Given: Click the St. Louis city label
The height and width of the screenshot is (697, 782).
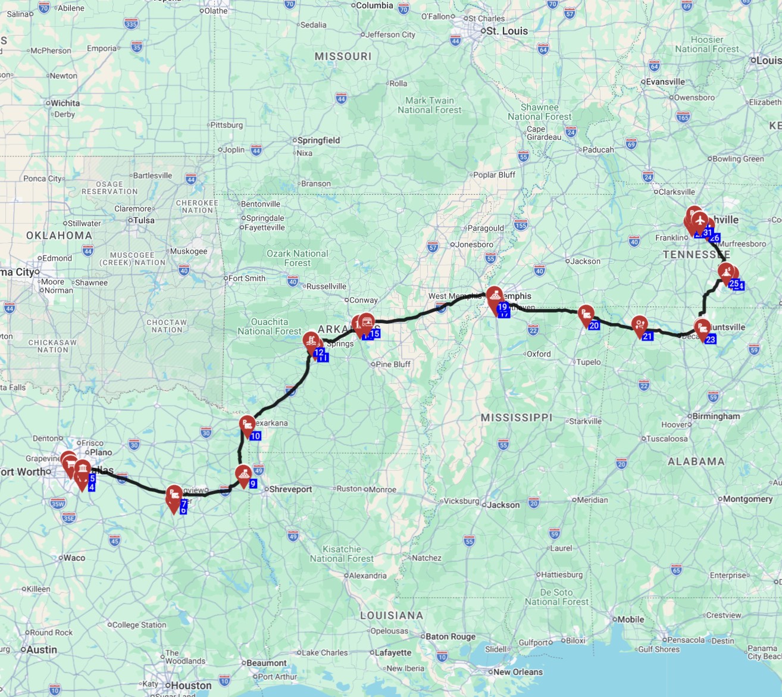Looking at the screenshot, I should coord(506,31).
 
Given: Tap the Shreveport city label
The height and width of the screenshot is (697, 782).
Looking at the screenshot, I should coord(290,489).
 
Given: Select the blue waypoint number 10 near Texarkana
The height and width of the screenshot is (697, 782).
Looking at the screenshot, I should coord(255,436).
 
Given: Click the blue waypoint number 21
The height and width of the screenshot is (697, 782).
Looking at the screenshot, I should coord(648,336).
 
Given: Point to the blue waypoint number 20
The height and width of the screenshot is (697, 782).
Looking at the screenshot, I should coord(594,326).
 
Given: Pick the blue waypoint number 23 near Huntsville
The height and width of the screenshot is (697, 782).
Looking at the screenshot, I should coord(710,339).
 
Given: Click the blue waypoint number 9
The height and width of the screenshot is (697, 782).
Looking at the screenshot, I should coord(253,484).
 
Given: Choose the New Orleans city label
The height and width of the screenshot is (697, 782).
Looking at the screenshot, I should coord(518,672).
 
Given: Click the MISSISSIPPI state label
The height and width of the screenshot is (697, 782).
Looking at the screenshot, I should coord(517,418).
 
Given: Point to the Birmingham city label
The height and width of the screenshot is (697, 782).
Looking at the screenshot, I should coord(716,416).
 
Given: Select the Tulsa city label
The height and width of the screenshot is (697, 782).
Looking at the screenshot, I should coord(143,220).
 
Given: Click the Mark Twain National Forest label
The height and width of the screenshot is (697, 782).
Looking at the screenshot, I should coord(430,105).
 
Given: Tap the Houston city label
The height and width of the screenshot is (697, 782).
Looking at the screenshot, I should coord(191,685).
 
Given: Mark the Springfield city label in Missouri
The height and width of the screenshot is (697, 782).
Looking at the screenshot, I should coord(318,140).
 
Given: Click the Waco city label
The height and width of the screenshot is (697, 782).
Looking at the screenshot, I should coord(74,558).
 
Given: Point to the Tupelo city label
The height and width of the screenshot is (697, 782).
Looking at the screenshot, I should coord(588,362).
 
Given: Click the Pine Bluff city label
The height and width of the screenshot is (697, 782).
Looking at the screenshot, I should coord(393,364).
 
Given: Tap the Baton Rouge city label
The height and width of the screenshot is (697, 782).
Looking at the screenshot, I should coord(451,636).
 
